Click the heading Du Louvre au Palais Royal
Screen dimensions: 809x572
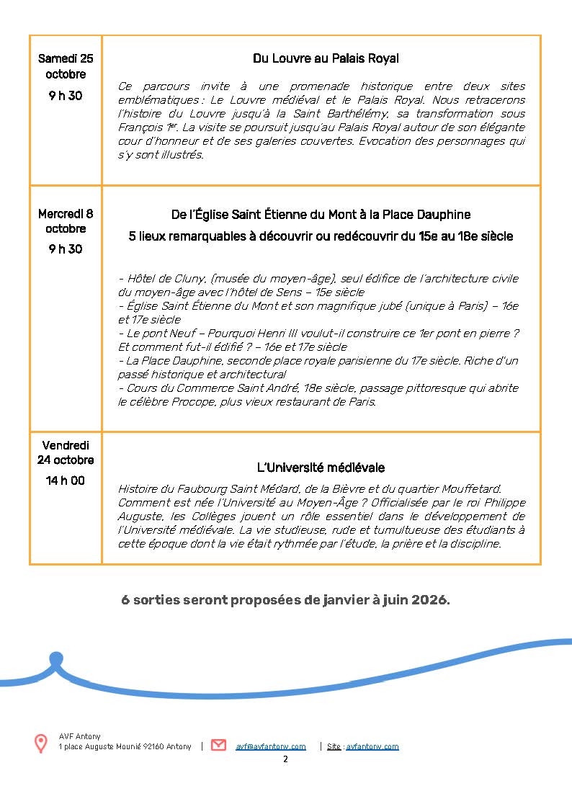pyautogui.click(x=326, y=58)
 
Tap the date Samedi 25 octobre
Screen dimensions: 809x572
pyautogui.click(x=66, y=66)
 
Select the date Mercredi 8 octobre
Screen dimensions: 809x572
pyautogui.click(x=66, y=221)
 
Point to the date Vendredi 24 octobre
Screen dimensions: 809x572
pyautogui.click(x=66, y=452)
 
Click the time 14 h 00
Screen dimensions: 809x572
pyautogui.click(x=66, y=481)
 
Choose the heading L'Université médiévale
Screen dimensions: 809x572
pyautogui.click(x=321, y=468)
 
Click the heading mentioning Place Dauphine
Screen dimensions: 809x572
pyautogui.click(x=321, y=215)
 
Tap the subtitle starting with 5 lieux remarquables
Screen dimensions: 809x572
pyautogui.click(x=321, y=236)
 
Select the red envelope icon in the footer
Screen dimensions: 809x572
pyautogui.click(x=218, y=746)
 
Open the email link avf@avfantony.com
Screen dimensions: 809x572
pyautogui.click(x=271, y=746)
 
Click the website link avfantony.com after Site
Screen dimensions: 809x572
pyautogui.click(x=372, y=746)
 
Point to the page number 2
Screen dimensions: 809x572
pyautogui.click(x=285, y=759)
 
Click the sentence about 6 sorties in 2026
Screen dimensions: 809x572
pyautogui.click(x=285, y=600)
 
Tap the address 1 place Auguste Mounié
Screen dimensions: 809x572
pyautogui.click(x=125, y=746)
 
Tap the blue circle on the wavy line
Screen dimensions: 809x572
pyautogui.click(x=56, y=658)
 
